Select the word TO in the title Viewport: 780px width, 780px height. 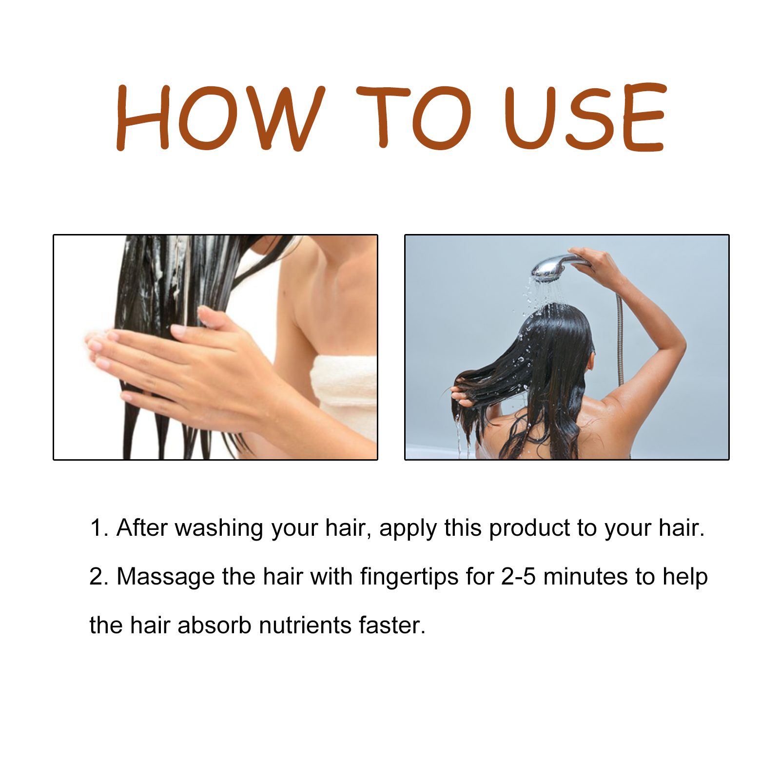(x=414, y=118)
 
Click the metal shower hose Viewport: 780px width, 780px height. (x=620, y=341)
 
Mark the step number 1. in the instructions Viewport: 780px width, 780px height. (x=99, y=528)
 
